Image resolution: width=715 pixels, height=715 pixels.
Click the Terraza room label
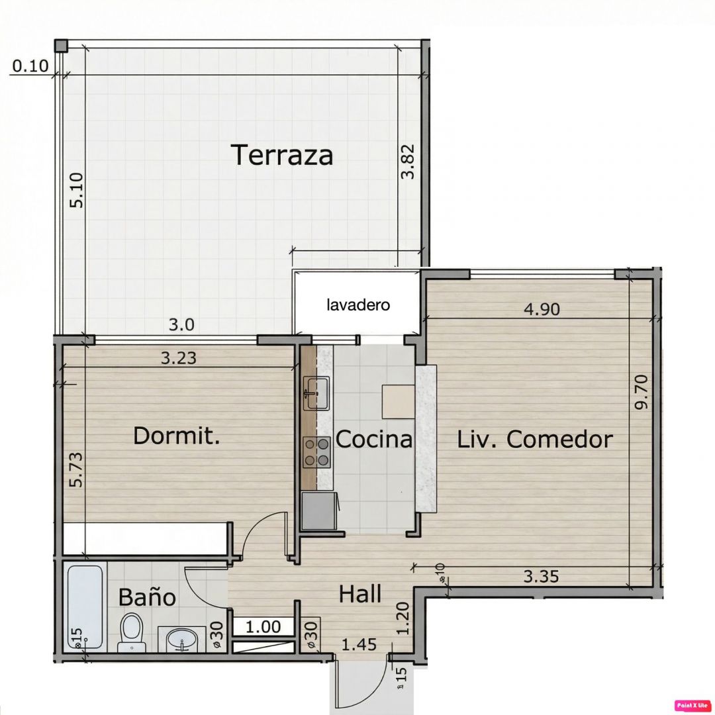(x=282, y=154)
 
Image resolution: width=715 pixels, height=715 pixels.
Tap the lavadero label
(x=358, y=305)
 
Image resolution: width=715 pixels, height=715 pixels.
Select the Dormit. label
(x=177, y=436)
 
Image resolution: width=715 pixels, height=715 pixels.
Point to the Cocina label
(x=374, y=439)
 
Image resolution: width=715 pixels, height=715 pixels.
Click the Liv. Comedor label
(x=535, y=440)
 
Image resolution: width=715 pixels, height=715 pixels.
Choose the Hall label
(x=360, y=594)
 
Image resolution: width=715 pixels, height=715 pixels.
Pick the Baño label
(x=147, y=596)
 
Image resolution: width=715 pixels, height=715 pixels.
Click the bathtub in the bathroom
(x=85, y=606)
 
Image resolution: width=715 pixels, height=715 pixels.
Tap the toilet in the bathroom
(x=131, y=632)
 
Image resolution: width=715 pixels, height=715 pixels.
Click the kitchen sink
(x=317, y=393)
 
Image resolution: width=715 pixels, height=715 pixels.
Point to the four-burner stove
(x=317, y=452)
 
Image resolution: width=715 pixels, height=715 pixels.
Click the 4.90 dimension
(x=542, y=309)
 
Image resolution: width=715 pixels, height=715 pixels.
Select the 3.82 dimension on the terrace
(x=407, y=162)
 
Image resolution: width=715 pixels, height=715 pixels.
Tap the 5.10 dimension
(x=77, y=190)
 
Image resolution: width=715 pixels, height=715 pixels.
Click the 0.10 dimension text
(x=30, y=66)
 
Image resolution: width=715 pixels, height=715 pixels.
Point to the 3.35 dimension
(x=541, y=577)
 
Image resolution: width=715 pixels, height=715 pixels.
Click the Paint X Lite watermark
(x=692, y=705)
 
